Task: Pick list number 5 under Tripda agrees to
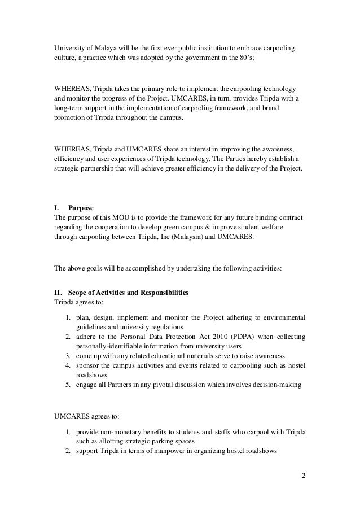pos(67,385)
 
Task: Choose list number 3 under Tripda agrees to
pos(67,355)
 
